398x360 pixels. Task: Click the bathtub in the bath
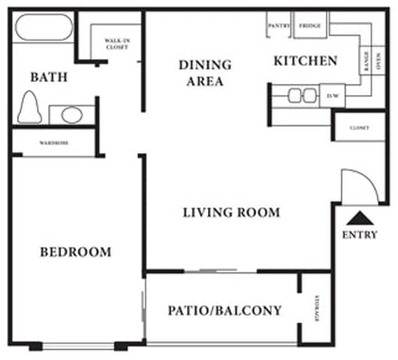(44, 28)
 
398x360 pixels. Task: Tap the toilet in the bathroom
(31, 107)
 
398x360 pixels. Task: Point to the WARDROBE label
(55, 143)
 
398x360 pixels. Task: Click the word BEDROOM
(75, 252)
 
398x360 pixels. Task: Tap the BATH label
(49, 76)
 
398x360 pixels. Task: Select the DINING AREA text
(204, 73)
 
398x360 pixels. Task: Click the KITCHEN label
(305, 61)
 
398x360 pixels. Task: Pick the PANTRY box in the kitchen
(279, 26)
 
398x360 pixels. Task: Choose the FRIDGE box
(310, 26)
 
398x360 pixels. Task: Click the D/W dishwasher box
(332, 95)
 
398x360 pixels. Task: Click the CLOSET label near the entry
(359, 128)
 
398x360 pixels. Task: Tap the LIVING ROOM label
(231, 212)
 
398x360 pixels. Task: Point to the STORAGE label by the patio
(318, 308)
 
